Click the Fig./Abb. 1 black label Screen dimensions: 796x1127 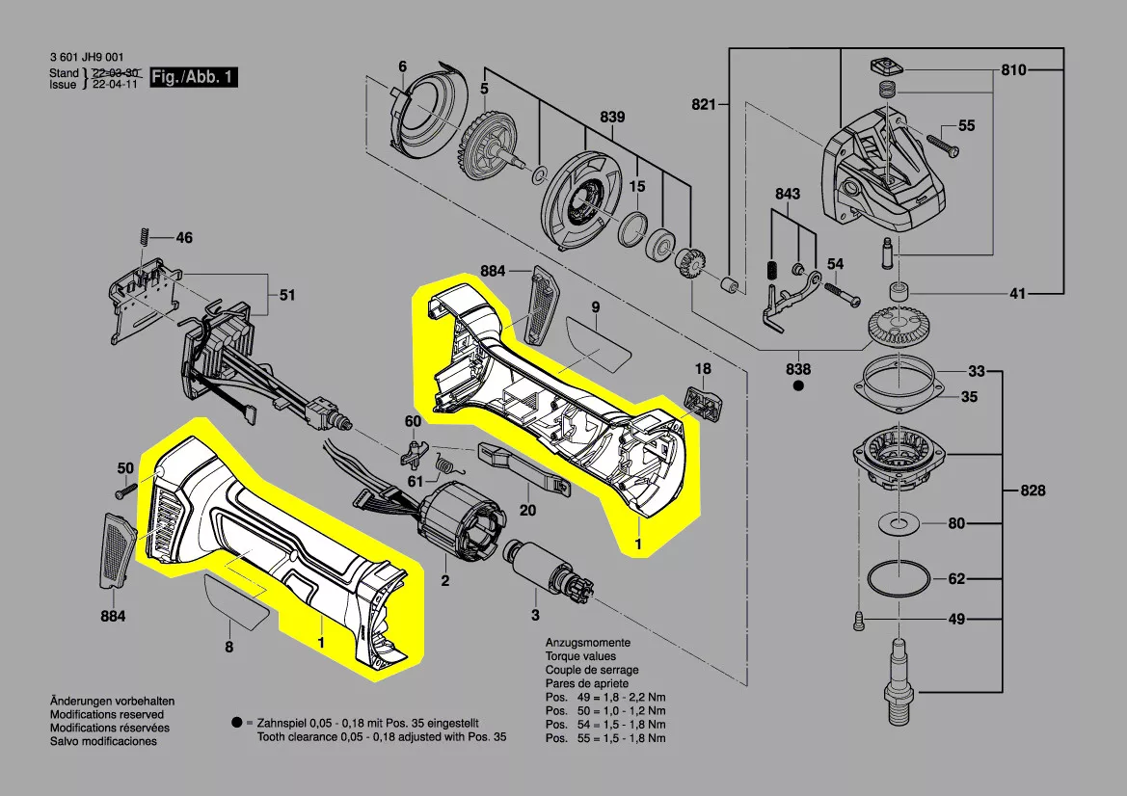(x=194, y=77)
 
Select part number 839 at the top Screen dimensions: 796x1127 (x=612, y=118)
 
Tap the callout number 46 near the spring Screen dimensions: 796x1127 (x=183, y=237)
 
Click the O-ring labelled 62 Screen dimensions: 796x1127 (x=899, y=580)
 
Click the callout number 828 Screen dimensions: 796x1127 (x=1033, y=491)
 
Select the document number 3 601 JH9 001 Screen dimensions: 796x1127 (x=86, y=59)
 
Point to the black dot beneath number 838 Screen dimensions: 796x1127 (x=798, y=386)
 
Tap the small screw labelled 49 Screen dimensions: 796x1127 (x=858, y=621)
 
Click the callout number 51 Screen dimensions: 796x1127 (x=287, y=296)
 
